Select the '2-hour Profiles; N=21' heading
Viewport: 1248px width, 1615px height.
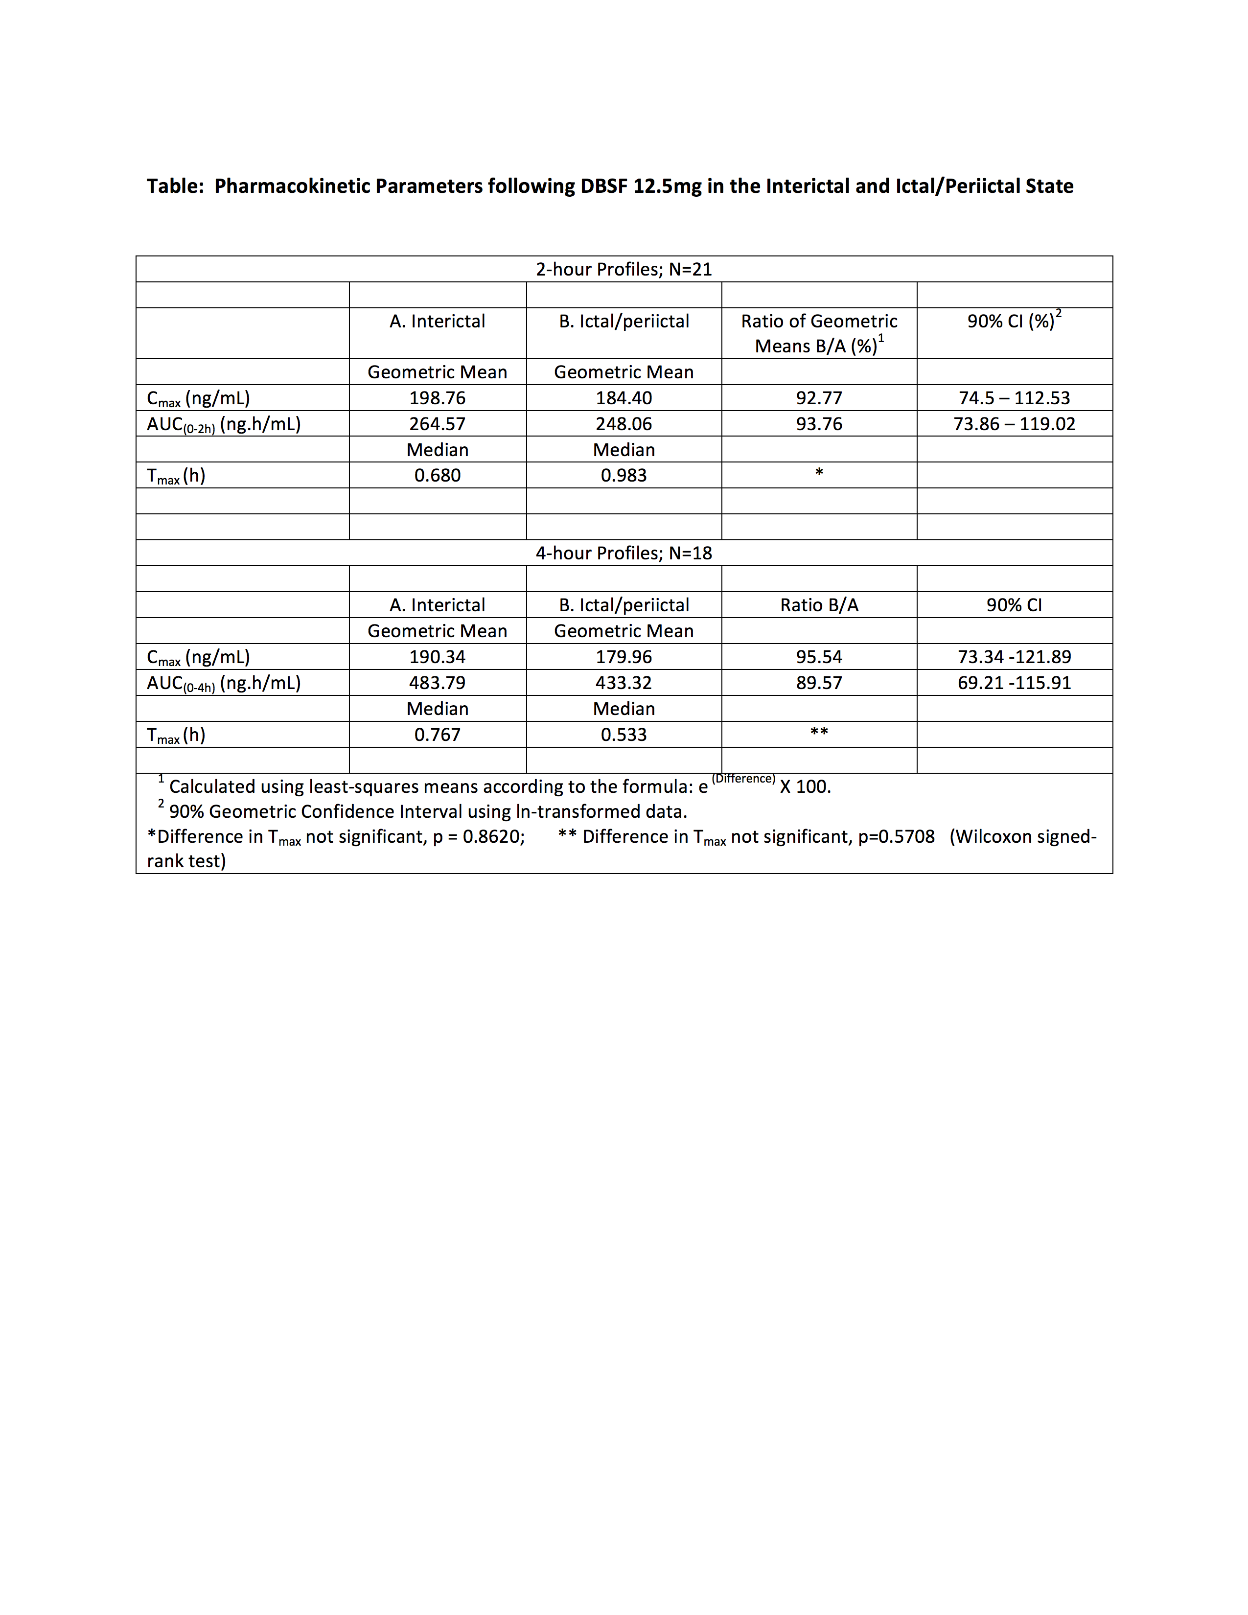624,269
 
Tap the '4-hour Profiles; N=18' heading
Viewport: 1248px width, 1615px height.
624,553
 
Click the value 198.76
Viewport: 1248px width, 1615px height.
437,398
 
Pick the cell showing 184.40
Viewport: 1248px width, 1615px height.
624,398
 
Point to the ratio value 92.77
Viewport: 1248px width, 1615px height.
819,398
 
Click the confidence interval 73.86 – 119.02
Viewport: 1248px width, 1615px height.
1015,424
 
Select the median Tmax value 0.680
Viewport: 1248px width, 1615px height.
437,476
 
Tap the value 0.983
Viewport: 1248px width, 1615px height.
624,476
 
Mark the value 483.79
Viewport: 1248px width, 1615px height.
437,683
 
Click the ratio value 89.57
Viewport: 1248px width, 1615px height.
819,683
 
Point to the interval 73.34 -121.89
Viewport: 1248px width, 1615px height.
1015,657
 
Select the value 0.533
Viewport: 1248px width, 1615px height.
624,734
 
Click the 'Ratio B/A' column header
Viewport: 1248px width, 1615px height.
819,605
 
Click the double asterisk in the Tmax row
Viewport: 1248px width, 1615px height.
819,732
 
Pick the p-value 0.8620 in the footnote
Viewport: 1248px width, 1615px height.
492,836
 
